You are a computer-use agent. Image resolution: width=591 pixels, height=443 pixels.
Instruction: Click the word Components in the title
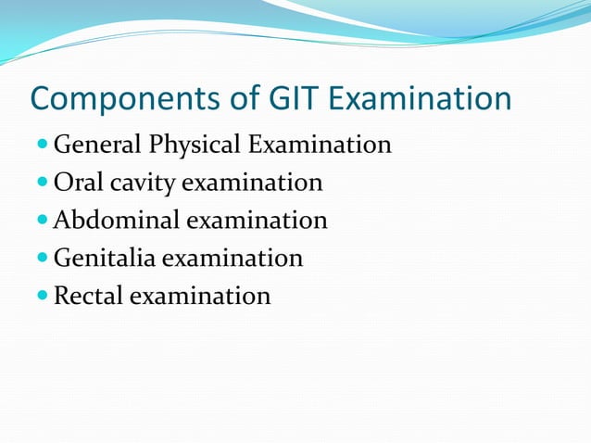[x=119, y=99]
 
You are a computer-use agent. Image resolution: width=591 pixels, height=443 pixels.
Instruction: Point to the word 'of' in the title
[x=236, y=99]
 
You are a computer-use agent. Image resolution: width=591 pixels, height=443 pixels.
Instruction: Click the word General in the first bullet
[x=97, y=146]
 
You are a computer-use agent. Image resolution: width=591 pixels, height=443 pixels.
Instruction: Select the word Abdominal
[x=117, y=221]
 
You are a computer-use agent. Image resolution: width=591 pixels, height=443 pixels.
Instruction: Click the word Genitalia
[x=105, y=259]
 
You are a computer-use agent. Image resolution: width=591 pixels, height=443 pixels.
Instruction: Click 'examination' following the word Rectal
[x=200, y=296]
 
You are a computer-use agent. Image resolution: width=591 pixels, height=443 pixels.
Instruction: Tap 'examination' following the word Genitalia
[x=233, y=259]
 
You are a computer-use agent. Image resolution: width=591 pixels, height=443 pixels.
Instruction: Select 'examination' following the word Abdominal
[x=257, y=221]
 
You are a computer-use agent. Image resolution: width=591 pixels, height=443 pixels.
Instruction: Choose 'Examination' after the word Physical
[x=316, y=146]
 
